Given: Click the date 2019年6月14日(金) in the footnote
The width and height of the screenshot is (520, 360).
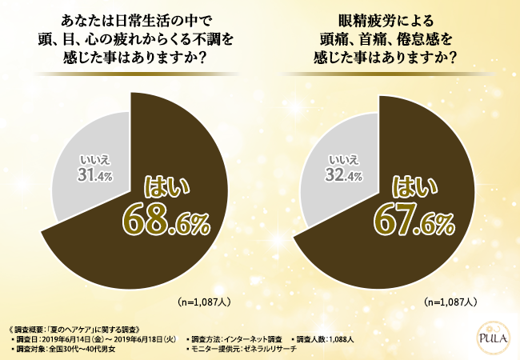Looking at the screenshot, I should pyautogui.click(x=77, y=339).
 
